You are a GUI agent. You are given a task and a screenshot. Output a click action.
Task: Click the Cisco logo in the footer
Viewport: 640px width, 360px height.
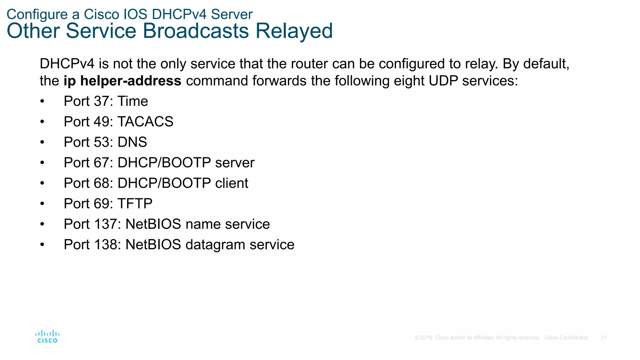(47, 337)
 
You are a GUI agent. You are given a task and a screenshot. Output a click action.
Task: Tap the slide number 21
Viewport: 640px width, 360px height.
(603, 338)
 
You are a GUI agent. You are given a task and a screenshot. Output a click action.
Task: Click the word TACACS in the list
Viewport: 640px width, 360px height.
(145, 122)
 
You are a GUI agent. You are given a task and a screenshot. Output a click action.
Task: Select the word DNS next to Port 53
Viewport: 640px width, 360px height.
(132, 142)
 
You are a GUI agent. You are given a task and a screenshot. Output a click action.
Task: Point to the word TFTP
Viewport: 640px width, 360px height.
(135, 204)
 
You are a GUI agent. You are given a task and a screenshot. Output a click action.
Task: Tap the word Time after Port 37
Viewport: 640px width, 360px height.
(132, 101)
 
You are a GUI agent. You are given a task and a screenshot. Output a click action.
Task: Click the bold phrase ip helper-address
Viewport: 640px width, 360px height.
(122, 81)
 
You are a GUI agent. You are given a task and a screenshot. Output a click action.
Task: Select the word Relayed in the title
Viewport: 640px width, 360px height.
(294, 31)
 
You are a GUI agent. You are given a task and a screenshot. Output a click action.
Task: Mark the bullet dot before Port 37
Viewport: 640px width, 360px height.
(42, 102)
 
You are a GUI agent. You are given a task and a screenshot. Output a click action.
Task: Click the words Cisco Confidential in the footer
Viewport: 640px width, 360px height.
(566, 338)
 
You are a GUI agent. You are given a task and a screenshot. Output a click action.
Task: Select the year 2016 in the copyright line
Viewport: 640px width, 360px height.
(426, 338)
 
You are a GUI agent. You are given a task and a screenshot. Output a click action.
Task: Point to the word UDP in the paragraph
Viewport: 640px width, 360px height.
(443, 81)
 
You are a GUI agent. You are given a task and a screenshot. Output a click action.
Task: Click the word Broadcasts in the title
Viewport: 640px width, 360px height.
(196, 31)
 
